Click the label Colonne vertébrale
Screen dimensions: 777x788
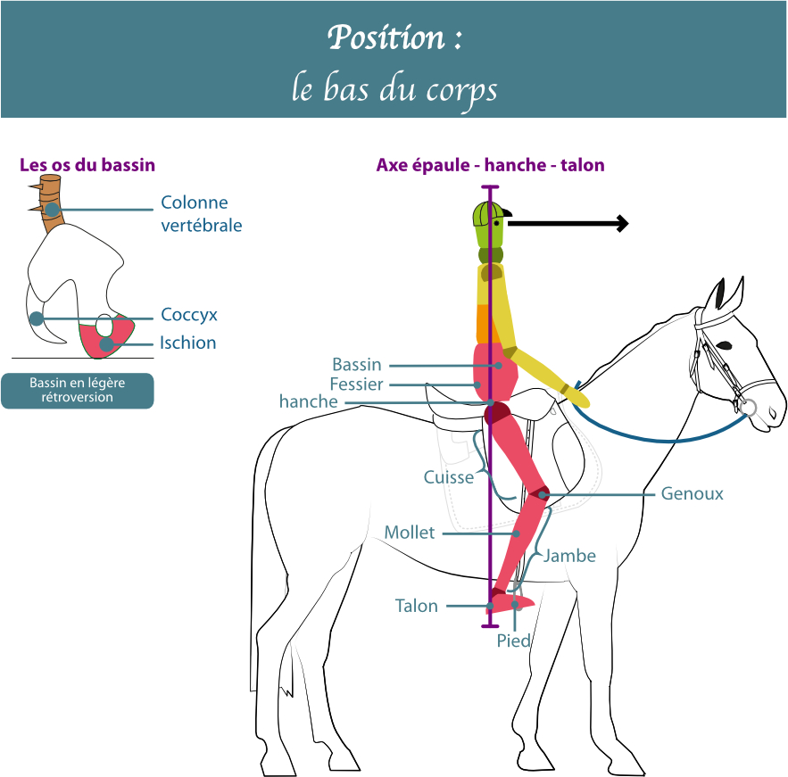pyautogui.click(x=201, y=214)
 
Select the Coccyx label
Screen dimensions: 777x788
pyautogui.click(x=189, y=315)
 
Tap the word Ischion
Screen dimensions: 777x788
pyautogui.click(x=187, y=343)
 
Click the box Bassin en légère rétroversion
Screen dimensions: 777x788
pyautogui.click(x=77, y=390)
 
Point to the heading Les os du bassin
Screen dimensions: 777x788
pyautogui.click(x=87, y=165)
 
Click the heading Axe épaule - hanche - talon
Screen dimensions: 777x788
pyautogui.click(x=490, y=165)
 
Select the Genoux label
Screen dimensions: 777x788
pyautogui.click(x=692, y=493)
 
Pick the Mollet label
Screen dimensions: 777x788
pyautogui.click(x=409, y=533)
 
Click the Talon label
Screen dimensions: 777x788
pyautogui.click(x=417, y=606)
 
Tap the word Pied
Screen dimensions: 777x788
pyautogui.click(x=514, y=641)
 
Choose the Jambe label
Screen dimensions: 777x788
pyautogui.click(x=569, y=556)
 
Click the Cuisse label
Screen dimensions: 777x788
pyautogui.click(x=449, y=477)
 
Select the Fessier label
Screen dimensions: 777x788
pyautogui.click(x=356, y=384)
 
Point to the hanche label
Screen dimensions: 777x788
pyautogui.click(x=309, y=402)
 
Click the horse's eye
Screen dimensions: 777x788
pyautogui.click(x=724, y=344)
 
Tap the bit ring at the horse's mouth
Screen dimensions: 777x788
pyautogui.click(x=748, y=409)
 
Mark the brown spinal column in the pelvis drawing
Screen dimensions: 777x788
pyautogui.click(x=51, y=203)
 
